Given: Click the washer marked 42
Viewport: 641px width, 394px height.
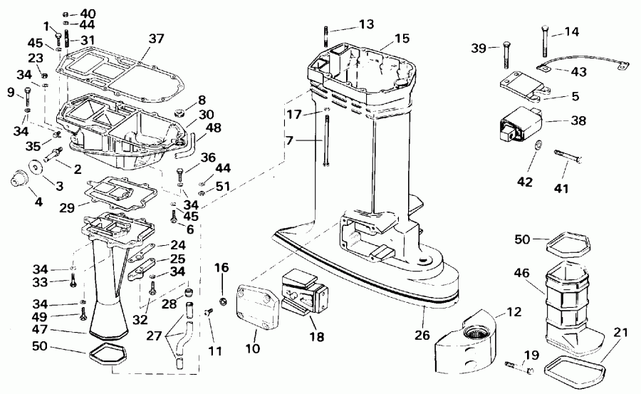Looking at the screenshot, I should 538,146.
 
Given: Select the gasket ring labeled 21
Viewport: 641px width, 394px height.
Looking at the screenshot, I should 577,368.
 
